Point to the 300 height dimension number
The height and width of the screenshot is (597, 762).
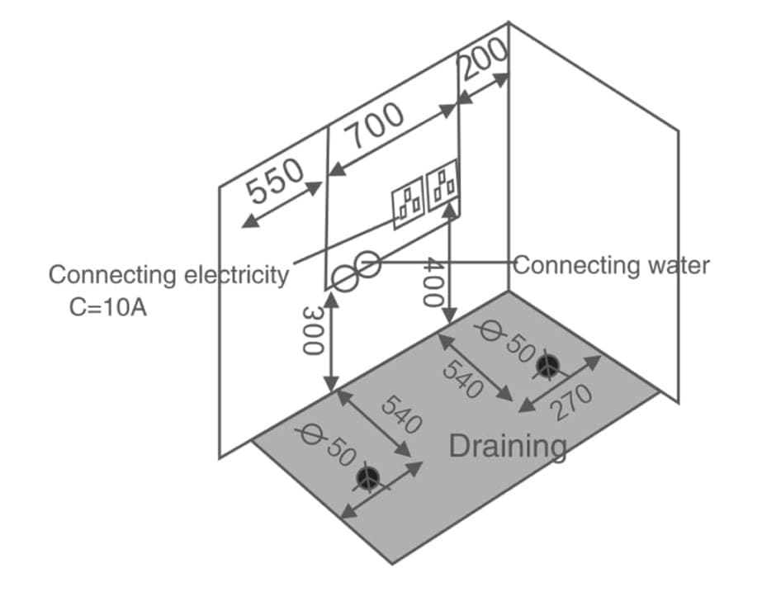(313, 330)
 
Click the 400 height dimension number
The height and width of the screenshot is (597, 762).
(435, 282)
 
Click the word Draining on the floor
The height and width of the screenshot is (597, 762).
(507, 446)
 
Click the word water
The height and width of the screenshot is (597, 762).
(676, 265)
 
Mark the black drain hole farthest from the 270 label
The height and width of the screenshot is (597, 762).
(367, 477)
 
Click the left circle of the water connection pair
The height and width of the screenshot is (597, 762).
(344, 277)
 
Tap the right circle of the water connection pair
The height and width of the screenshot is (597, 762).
(368, 264)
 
